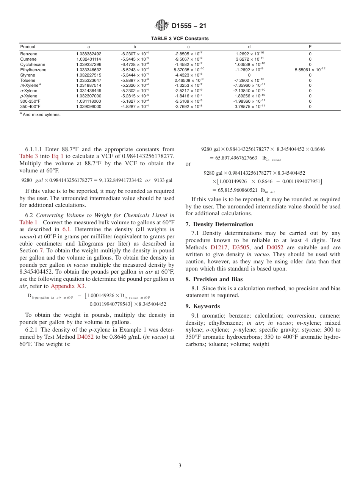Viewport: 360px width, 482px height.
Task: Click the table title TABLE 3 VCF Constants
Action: coord(180,39)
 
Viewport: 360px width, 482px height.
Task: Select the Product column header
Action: coord(28,47)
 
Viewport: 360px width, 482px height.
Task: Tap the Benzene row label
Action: coord(28,54)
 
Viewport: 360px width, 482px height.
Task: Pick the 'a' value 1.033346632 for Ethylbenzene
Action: coord(89,70)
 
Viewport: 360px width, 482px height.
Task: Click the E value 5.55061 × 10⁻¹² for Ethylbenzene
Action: coord(310,70)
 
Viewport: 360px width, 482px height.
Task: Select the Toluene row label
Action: coord(28,80)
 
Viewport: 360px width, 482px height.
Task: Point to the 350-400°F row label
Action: coord(30,106)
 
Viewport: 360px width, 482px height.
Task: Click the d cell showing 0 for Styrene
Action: coord(249,75)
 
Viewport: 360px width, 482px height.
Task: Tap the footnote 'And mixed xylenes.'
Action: coord(40,114)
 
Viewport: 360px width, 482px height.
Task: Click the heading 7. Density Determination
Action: coord(219,224)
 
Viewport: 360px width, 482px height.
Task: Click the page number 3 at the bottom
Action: coord(180,466)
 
